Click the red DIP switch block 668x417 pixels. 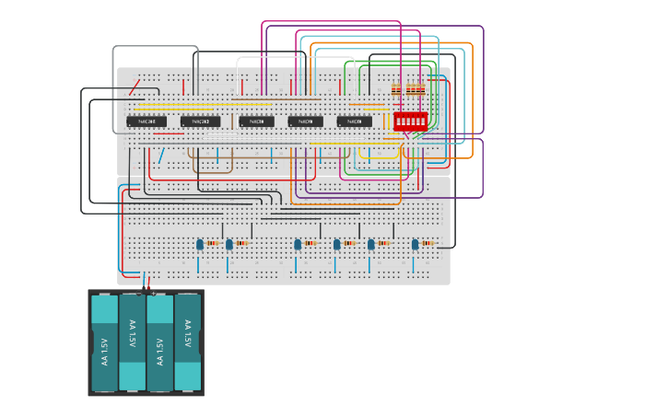coord(410,121)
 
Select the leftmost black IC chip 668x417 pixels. coord(146,122)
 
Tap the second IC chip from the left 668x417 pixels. coord(200,122)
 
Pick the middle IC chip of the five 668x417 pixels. coord(256,122)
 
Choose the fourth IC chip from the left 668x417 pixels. coord(305,122)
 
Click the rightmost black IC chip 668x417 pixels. coord(354,122)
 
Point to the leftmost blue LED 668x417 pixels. coord(200,244)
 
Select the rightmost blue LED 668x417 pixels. coord(415,244)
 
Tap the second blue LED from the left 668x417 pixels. coord(229,244)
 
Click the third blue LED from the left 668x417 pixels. coord(298,244)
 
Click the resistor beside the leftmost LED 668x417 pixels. coord(213,244)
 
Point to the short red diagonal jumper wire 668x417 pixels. coord(135,87)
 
